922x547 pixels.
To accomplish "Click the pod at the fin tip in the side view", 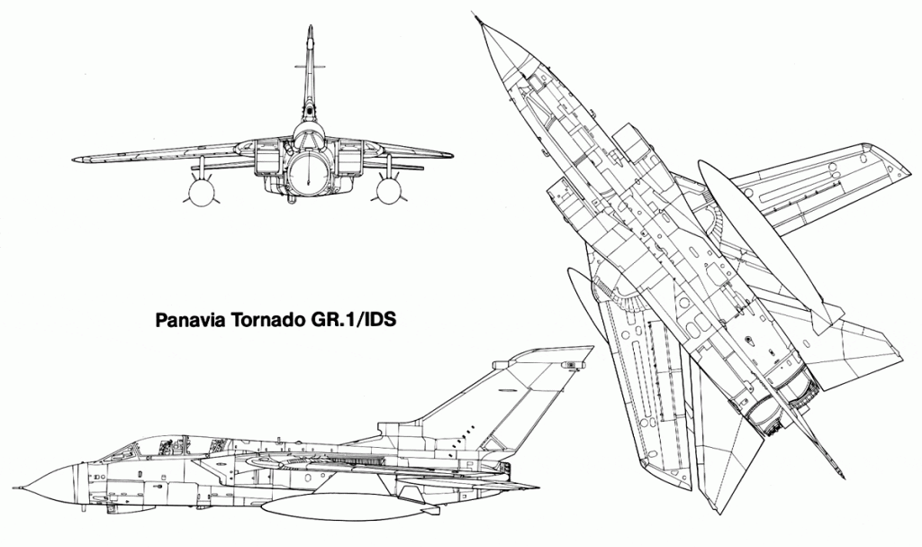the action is pyautogui.click(x=570, y=365).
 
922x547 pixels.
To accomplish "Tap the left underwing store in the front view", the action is pyautogui.click(x=201, y=191).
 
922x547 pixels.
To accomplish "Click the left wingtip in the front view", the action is pyautogui.click(x=77, y=160).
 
